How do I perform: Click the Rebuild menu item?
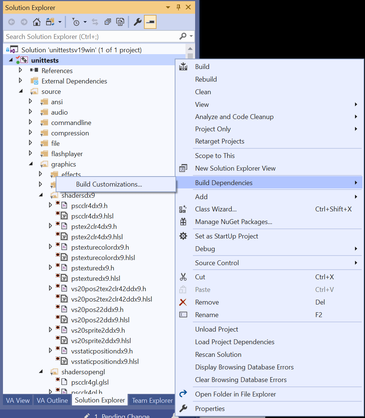pos(206,79)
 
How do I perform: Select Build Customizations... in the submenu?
pos(109,184)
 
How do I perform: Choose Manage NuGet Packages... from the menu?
pos(233,222)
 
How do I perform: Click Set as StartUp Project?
pos(226,236)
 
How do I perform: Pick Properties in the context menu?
pos(210,409)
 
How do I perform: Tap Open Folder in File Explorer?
pos(235,394)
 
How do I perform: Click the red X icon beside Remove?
pos(183,302)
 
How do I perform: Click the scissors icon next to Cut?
pos(183,277)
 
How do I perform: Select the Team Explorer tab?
pos(152,400)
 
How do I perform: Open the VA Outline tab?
pos(52,400)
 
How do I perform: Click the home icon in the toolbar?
pos(36,22)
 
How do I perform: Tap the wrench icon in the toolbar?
pos(137,22)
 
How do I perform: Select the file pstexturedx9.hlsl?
pos(95,279)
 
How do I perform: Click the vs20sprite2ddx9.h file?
pos(98,330)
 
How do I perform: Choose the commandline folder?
pos(71,123)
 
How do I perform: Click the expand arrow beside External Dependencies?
pos(20,80)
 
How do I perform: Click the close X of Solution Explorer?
pos(188,7)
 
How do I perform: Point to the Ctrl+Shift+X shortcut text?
pos(333,209)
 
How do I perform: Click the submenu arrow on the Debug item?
pos(356,249)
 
